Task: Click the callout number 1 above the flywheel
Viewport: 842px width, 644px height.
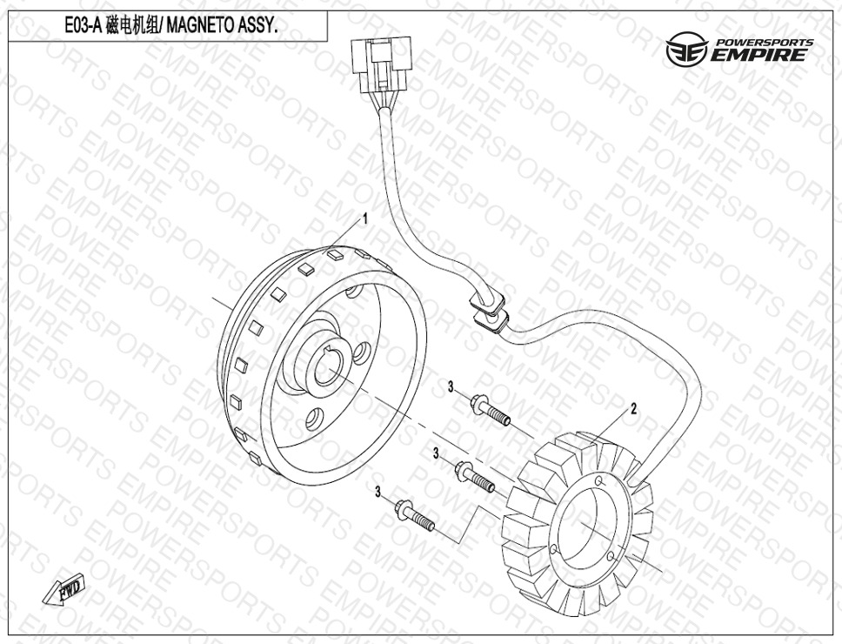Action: [x=365, y=219]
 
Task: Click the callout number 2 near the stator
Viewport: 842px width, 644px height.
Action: [x=633, y=409]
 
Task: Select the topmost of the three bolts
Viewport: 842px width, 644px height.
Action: [x=490, y=411]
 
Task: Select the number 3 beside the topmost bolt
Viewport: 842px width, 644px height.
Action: [x=451, y=386]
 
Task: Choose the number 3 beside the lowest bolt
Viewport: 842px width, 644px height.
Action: [x=378, y=491]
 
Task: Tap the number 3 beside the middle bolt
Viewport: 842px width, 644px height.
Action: [x=436, y=454]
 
